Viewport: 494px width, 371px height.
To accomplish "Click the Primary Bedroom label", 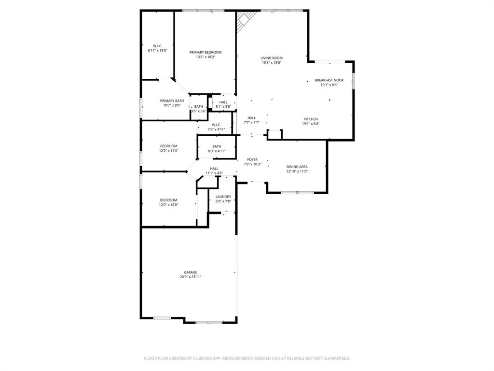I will pos(206,52).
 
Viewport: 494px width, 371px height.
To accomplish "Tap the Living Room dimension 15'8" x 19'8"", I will pos(272,63).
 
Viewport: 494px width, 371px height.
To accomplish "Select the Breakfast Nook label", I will pos(329,80).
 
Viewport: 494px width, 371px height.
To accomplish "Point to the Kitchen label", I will pos(311,119).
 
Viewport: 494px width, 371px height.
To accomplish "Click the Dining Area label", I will pos(297,167).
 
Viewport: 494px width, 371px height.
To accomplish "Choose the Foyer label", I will pos(252,159).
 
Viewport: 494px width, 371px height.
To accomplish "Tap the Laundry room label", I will pos(223,197).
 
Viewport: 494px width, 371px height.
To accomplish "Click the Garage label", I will pos(190,272).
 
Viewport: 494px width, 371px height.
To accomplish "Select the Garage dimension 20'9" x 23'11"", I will pos(190,277).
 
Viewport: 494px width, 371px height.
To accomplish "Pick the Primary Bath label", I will pos(172,100).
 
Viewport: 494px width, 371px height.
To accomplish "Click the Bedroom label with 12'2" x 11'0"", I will pos(169,146).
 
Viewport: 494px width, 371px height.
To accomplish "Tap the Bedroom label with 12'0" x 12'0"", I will pos(169,200).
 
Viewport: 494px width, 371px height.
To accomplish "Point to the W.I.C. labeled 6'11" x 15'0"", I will pos(157,46).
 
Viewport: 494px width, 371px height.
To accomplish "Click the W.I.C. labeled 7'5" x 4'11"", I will pos(216,125).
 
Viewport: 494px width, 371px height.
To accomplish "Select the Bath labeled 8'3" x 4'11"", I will pos(217,146).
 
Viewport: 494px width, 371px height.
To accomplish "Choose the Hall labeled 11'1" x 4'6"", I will pos(214,169).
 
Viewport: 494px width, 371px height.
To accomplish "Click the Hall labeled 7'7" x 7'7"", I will pos(252,118).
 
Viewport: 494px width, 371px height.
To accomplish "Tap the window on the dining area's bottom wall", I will pos(296,193).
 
